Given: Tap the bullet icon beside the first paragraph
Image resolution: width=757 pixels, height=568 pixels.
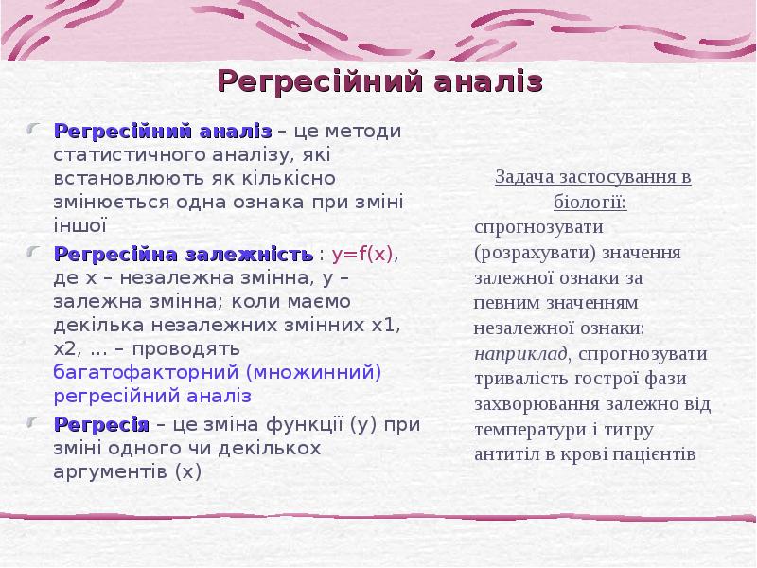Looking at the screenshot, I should (35, 129).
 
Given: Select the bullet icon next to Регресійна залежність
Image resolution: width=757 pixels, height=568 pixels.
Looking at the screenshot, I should (35, 254).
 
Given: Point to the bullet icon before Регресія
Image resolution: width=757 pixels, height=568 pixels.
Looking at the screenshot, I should (35, 422).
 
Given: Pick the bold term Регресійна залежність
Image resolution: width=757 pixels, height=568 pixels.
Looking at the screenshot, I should (184, 255).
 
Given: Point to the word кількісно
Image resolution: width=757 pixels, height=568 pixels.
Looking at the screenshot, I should (298, 177).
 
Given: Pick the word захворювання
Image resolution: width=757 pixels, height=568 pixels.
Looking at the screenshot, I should (533, 404).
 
